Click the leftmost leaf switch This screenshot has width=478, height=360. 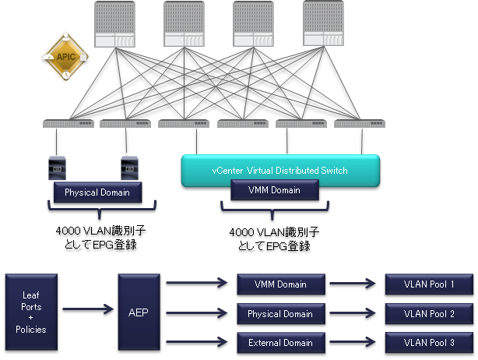[x=69, y=123]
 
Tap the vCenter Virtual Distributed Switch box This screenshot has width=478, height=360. [x=279, y=170]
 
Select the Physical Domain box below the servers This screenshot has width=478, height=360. [x=97, y=192]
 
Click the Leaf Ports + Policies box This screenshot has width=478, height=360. [x=30, y=312]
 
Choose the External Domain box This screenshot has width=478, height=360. [x=279, y=342]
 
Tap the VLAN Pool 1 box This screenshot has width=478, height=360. [x=429, y=284]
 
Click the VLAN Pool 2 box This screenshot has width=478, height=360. [x=429, y=313]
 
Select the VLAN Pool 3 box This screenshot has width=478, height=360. [x=429, y=342]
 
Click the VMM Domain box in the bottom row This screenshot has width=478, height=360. [x=279, y=284]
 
